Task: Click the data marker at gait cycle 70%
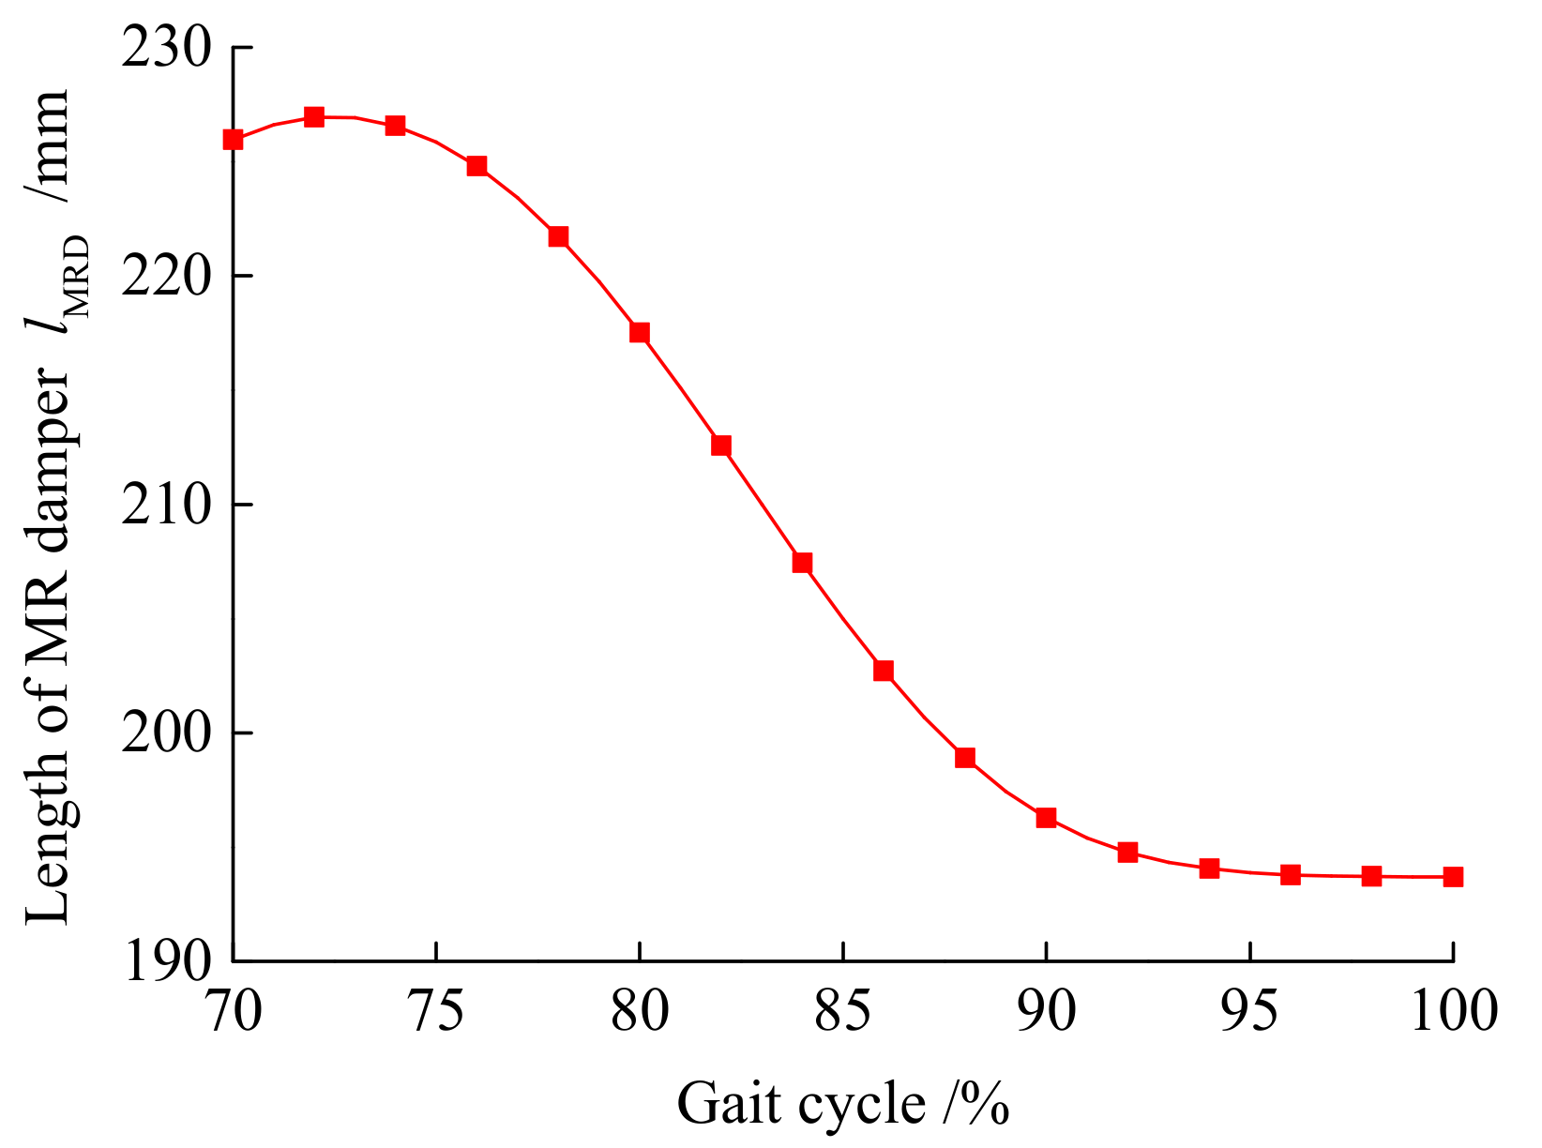[234, 140]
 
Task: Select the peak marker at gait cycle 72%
[314, 117]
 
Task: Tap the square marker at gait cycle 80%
[640, 333]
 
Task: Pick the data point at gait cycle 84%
[802, 563]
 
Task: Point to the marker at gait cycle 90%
[1046, 818]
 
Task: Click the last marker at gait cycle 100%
[1452, 877]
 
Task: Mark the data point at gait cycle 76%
[476, 166]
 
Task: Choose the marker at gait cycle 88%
[965, 758]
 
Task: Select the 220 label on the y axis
[164, 277]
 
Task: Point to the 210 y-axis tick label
[164, 506]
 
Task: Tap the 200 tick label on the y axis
[164, 733]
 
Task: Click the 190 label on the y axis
[164, 962]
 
